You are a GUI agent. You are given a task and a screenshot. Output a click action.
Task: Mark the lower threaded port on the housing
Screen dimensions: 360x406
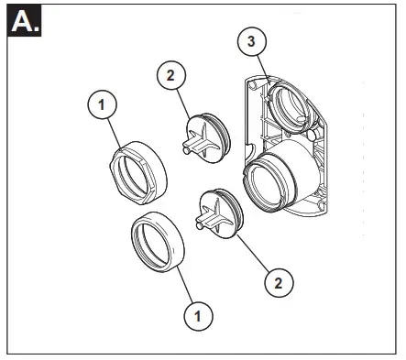tap(275, 180)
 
